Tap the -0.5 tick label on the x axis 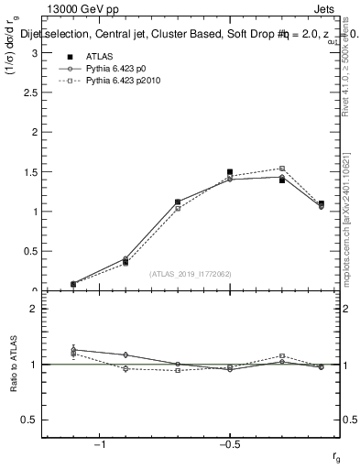click(x=227, y=445)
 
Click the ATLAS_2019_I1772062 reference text click(x=191, y=273)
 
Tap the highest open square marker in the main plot click(x=282, y=169)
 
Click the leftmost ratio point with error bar click(x=73, y=350)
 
